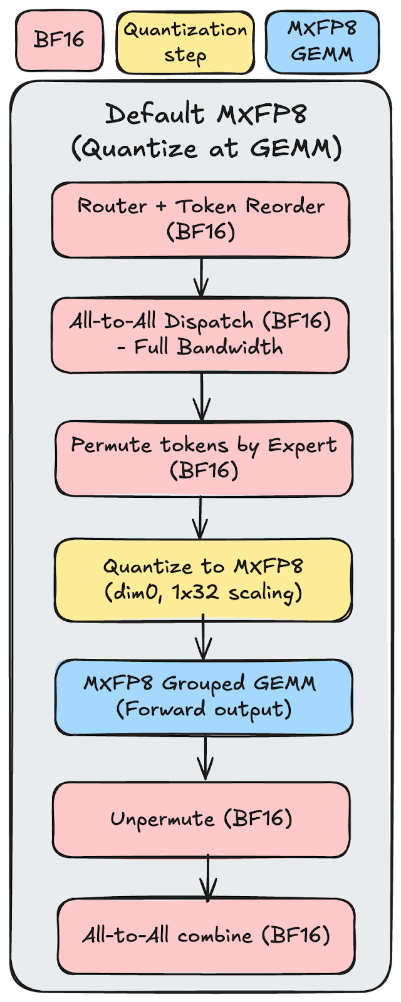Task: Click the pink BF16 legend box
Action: [60, 41]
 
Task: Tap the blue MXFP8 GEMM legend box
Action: [322, 41]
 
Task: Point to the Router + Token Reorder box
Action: [200, 219]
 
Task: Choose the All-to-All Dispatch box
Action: [200, 334]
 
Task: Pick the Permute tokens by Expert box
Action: [204, 458]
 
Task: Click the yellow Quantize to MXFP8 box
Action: [203, 579]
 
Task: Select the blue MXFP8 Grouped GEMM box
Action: [204, 696]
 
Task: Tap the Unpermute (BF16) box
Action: [201, 819]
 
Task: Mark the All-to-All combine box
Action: [206, 936]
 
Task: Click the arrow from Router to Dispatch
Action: [201, 277]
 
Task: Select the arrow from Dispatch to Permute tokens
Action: [202, 396]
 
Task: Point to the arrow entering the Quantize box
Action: [200, 517]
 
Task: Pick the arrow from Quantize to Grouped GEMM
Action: [204, 639]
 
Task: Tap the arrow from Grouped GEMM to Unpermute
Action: [206, 758]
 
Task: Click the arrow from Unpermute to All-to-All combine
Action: [208, 878]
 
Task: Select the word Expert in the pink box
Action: [302, 445]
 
